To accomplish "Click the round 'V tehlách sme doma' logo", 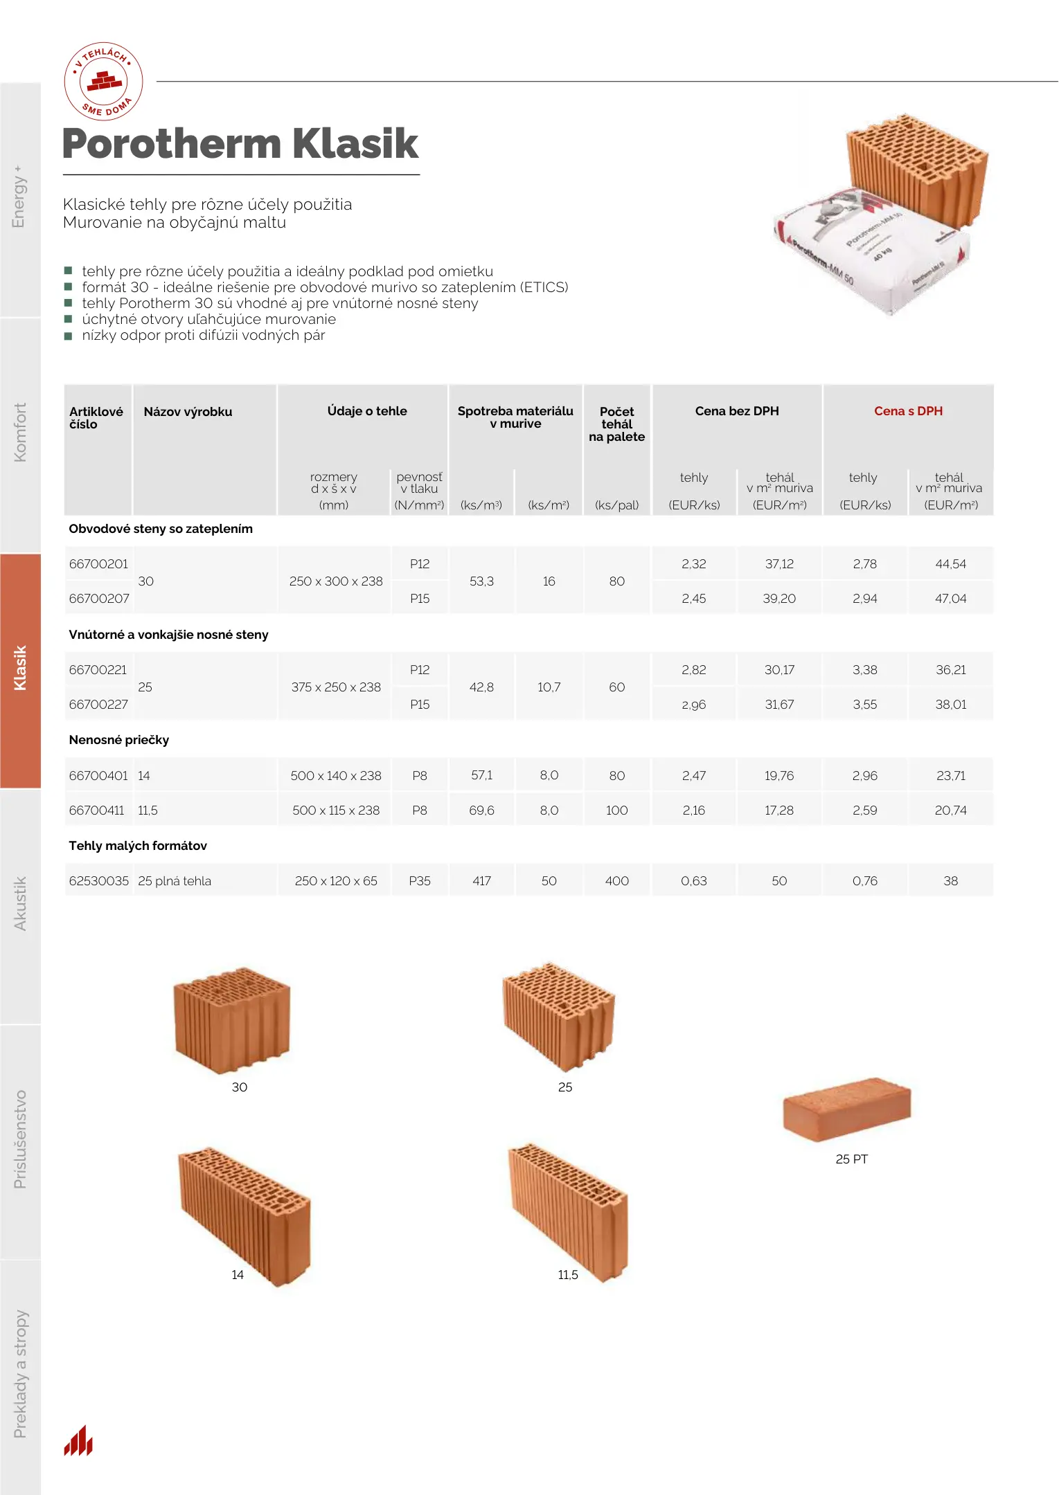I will pos(104,82).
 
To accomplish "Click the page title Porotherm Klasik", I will pos(240,144).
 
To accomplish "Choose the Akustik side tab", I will pos(20,903).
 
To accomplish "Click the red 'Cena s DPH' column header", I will pos(907,411).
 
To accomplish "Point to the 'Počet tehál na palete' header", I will pos(616,424).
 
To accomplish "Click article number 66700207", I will pos(99,599).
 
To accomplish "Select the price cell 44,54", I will pos(950,564).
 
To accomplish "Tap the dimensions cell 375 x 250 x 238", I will pos(336,687).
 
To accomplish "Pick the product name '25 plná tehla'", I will pos(175,881).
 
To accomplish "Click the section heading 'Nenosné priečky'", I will pos(119,740).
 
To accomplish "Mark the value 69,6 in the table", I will pos(481,810).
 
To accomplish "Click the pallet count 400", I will pos(616,881).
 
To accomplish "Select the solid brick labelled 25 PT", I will pos(846,1107).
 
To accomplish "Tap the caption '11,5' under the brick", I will pos(567,1275).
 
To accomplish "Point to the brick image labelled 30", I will pos(232,1019).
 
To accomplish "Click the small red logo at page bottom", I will pos(78,1441).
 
